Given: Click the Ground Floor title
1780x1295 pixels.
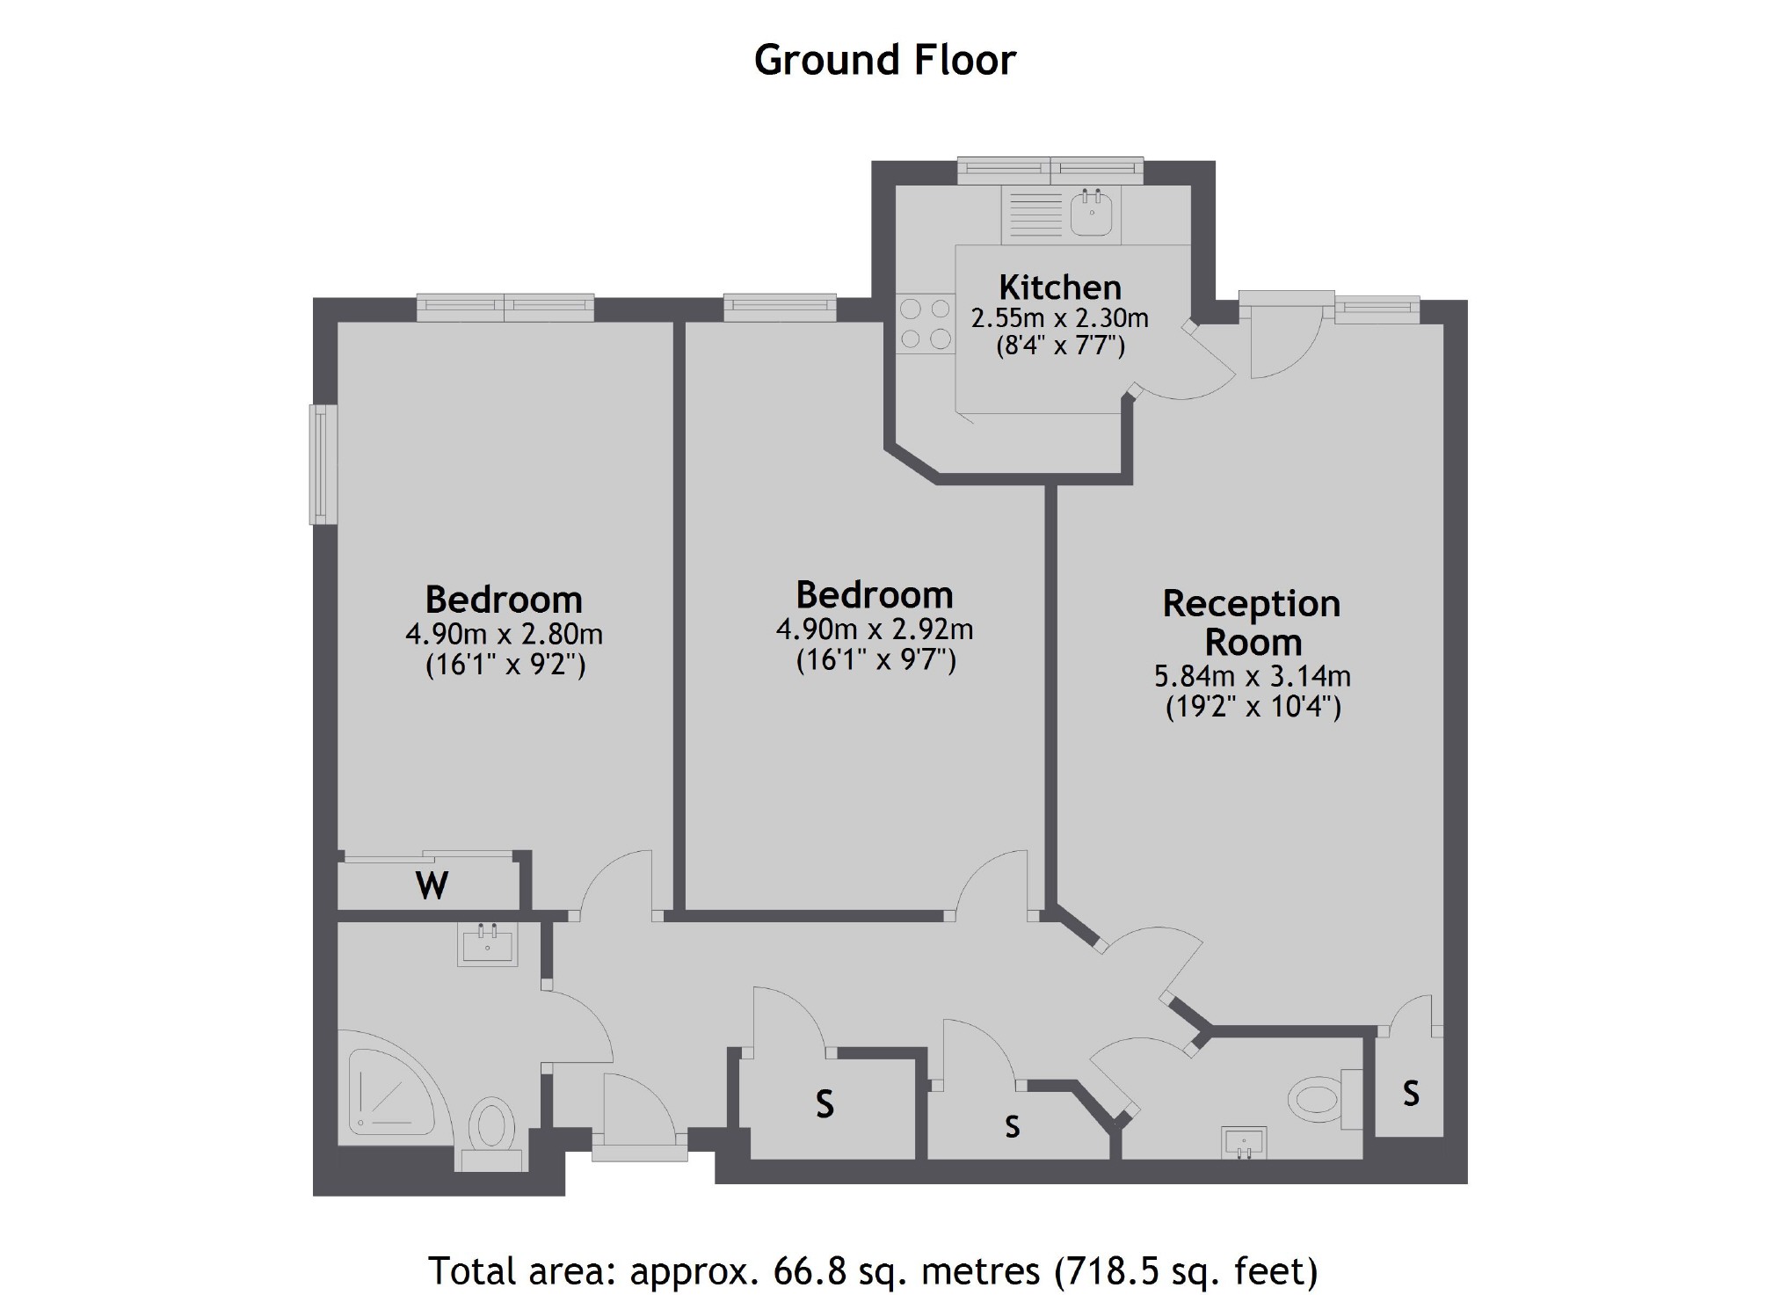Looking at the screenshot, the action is click(884, 60).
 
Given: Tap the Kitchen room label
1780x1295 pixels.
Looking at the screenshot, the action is click(1059, 287).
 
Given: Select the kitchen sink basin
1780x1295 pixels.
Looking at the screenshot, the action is click(1092, 214).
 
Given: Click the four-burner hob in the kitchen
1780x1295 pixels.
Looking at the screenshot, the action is click(926, 324).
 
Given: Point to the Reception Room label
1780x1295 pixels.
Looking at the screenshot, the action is click(1252, 622).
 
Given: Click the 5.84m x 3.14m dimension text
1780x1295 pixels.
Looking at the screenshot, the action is click(1252, 676).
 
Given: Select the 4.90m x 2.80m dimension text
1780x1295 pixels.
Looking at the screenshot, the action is click(504, 633).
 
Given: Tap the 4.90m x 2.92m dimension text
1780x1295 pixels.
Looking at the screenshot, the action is click(875, 629).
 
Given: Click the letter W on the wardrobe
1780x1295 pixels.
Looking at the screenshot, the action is click(432, 885).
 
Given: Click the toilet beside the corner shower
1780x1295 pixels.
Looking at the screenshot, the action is click(491, 1129).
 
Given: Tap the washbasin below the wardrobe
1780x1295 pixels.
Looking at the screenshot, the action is click(487, 944).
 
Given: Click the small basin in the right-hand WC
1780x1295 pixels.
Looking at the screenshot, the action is click(1245, 1143).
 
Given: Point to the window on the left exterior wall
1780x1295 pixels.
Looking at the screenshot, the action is click(323, 464).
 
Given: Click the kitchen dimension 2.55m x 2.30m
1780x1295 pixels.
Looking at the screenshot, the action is click(1059, 317).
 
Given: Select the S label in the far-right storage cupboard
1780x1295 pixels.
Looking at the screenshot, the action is click(1411, 1093).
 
